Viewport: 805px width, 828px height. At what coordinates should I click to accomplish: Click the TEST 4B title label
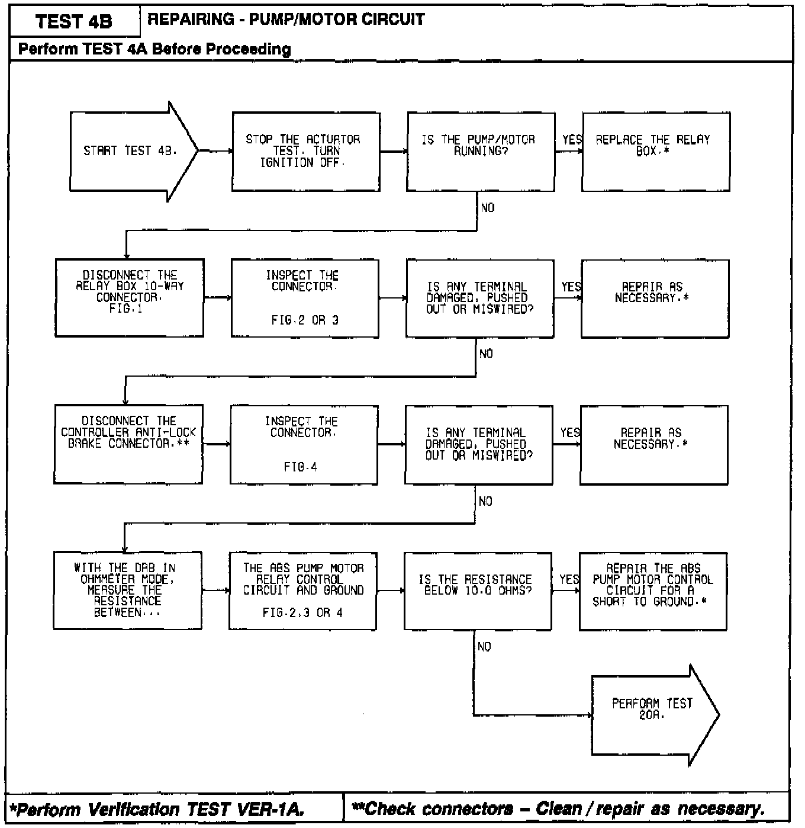point(74,22)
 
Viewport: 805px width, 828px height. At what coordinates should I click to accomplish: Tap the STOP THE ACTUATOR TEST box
point(305,152)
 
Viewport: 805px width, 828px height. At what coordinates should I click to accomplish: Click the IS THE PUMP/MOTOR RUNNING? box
point(480,152)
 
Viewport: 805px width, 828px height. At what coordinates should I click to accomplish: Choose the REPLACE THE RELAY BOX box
point(655,152)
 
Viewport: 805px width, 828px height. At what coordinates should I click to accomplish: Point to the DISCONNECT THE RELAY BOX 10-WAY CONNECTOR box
point(130,298)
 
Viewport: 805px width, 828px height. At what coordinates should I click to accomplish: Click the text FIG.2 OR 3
point(305,320)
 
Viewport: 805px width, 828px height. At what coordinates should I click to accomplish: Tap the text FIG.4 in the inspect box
point(301,467)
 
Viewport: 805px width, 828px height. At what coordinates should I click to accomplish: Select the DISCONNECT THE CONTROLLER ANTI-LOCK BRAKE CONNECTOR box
point(128,444)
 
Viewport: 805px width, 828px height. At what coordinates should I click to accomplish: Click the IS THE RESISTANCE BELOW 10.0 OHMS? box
point(478,590)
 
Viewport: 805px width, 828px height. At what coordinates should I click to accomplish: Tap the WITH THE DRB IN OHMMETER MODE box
point(127,590)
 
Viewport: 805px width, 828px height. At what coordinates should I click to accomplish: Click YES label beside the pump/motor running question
point(571,140)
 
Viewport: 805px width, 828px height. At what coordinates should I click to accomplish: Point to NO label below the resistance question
point(484,647)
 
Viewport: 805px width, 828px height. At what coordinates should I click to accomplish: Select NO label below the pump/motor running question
point(488,208)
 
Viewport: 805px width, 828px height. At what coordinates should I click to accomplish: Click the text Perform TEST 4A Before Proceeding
point(154,49)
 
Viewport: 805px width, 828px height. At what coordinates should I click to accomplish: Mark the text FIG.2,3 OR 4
point(302,613)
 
